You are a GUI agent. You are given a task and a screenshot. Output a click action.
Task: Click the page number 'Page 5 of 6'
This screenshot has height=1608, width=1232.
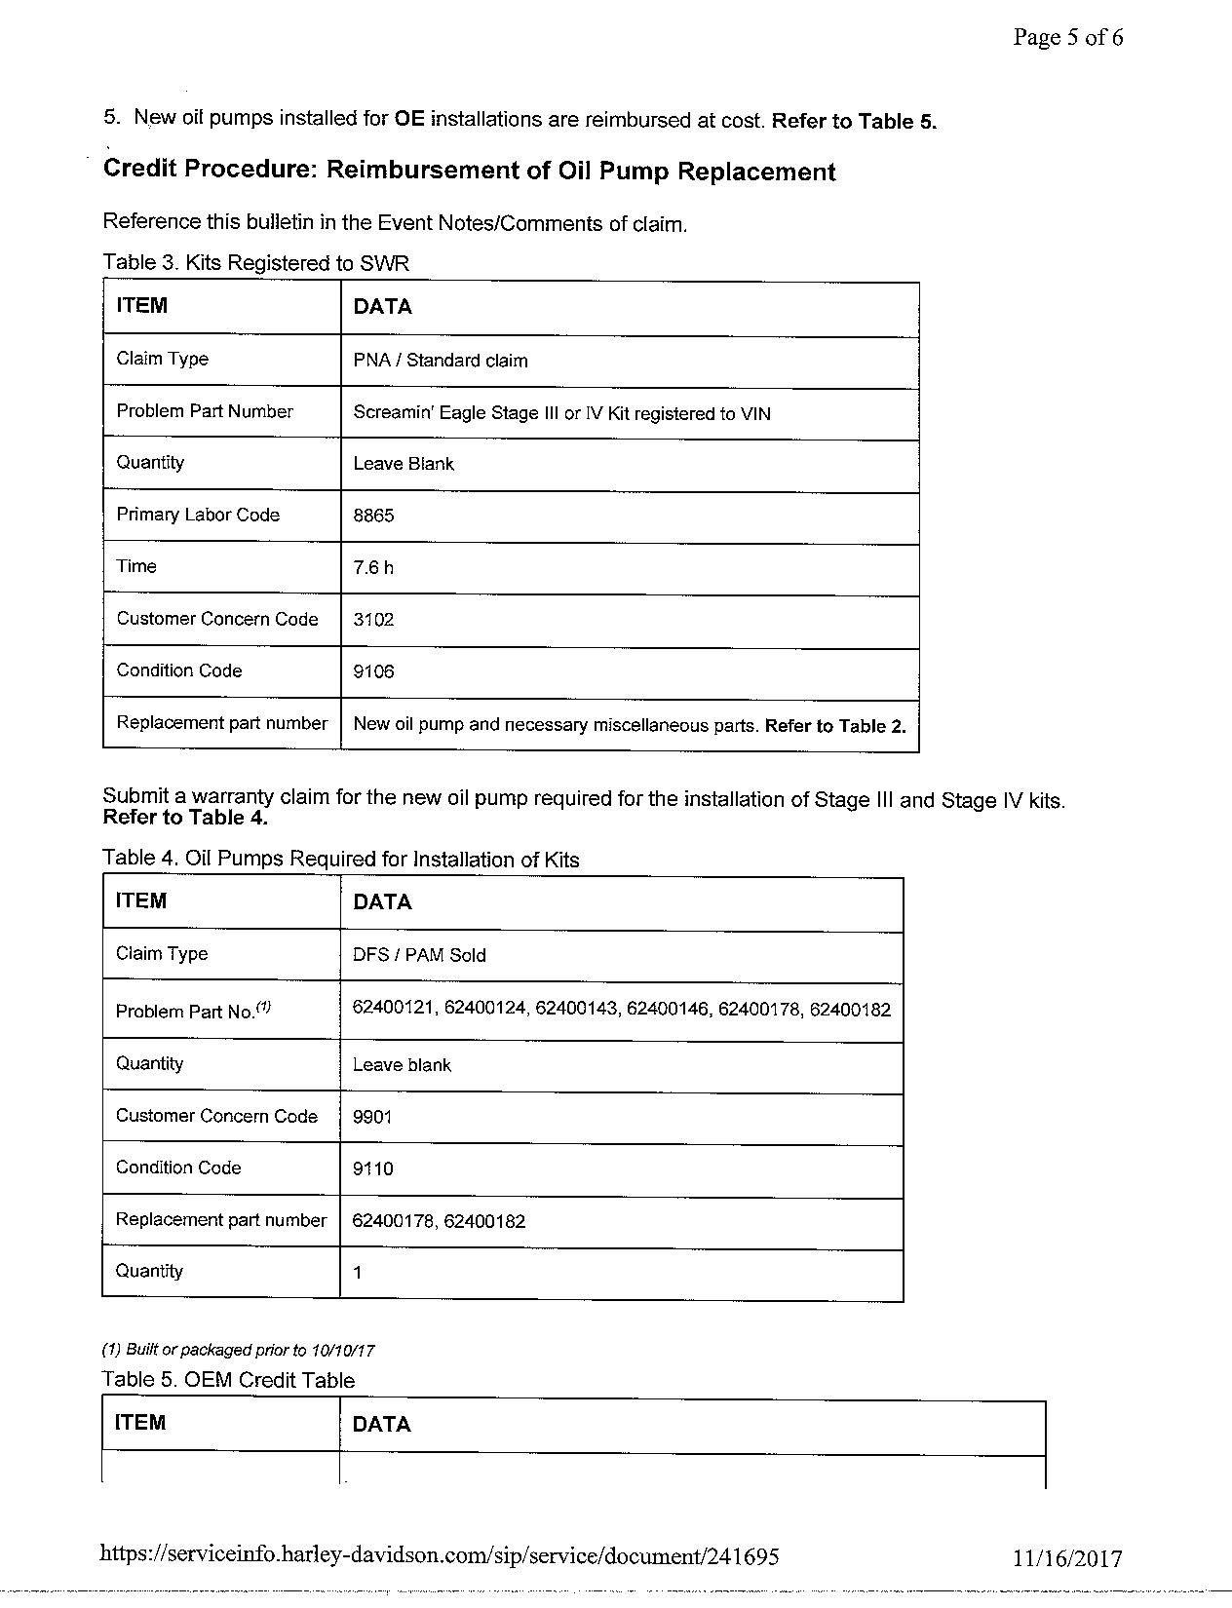[x=1067, y=38]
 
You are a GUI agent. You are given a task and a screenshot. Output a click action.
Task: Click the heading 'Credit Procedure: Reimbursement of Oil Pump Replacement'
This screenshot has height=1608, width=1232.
[x=469, y=171]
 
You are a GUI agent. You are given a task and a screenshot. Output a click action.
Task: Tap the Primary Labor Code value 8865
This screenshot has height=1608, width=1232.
[x=373, y=516]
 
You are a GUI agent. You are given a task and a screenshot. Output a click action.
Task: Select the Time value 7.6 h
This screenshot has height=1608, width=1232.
[x=373, y=567]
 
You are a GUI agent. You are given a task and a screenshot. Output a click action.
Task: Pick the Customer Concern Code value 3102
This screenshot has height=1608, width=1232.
[x=373, y=620]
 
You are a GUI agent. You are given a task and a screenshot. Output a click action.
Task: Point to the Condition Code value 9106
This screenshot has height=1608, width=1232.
[x=373, y=671]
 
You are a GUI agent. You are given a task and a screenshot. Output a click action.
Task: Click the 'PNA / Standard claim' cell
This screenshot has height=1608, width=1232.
[x=441, y=361]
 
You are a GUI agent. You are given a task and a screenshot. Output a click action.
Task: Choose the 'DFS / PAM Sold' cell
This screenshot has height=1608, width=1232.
[x=419, y=955]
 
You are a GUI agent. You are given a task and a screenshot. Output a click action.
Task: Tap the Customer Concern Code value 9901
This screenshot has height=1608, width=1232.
[x=372, y=1117]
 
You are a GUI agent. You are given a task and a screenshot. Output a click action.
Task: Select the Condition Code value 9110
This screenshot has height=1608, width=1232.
[x=372, y=1168]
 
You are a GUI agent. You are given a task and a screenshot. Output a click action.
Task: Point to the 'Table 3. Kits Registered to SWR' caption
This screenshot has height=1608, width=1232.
[x=255, y=263]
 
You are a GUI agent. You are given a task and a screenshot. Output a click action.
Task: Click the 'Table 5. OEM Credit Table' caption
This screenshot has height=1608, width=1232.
[x=228, y=1380]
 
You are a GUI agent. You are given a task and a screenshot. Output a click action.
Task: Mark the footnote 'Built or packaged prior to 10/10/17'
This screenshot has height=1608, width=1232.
[x=239, y=1351]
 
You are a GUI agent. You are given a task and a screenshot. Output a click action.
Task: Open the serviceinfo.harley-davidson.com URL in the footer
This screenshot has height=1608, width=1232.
[x=439, y=1555]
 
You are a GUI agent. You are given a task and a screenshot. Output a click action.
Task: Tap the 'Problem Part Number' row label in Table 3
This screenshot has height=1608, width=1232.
[x=205, y=411]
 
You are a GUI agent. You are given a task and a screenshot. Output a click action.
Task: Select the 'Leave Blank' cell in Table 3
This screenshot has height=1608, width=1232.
[x=404, y=464]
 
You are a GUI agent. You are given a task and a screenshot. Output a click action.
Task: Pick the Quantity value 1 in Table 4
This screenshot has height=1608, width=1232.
[x=358, y=1273]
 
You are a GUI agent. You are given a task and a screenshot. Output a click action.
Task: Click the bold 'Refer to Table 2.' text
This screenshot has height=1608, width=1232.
[x=835, y=726]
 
